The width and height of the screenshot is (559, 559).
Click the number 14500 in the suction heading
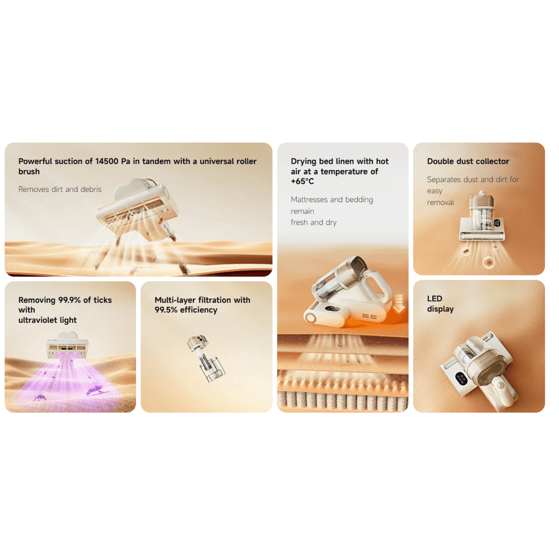coord(107,161)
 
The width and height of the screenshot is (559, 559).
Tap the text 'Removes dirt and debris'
coord(60,190)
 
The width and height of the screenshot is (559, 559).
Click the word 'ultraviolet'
coord(38,320)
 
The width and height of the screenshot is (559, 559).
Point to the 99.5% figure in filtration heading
coord(166,310)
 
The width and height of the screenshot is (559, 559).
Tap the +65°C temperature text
coord(302,181)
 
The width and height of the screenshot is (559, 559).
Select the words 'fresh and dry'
coord(314,222)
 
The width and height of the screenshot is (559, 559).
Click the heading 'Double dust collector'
coord(468,161)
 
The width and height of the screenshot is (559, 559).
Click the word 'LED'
coord(434,299)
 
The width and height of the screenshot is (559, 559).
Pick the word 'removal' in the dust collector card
coord(440,202)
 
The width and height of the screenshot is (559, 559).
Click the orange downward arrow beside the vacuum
coord(399,303)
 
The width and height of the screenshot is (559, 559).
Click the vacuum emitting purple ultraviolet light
coord(67,345)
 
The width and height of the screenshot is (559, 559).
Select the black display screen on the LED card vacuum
coord(461,378)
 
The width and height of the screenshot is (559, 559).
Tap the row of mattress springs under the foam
coord(343,400)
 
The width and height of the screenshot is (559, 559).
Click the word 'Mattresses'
coord(309,200)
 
